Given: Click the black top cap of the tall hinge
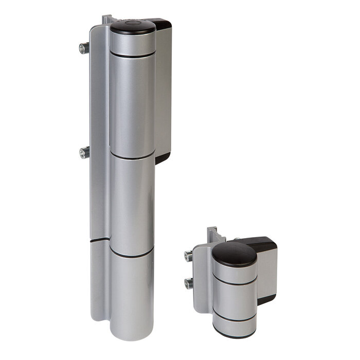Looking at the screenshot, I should coord(133,27).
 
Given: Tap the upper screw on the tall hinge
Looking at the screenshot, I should coord(83,48).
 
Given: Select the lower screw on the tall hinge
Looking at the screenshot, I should coord(83,152).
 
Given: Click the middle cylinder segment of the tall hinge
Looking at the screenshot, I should coord(132,206).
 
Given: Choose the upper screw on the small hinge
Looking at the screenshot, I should coord(188,256).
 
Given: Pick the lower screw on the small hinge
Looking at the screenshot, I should coord(188,283).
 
